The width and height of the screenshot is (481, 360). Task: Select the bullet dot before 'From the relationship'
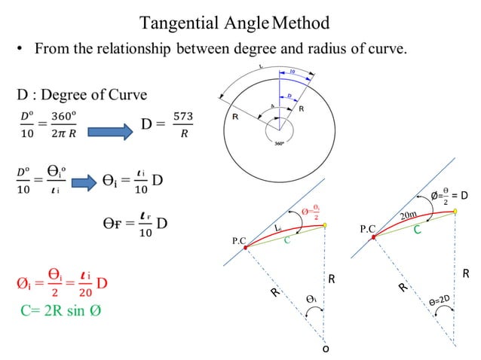pyautogui.click(x=22, y=50)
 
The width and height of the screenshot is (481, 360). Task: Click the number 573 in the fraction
pyautogui.click(x=183, y=117)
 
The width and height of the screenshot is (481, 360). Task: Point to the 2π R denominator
pyautogui.click(x=66, y=133)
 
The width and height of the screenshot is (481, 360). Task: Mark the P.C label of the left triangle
pyautogui.click(x=240, y=240)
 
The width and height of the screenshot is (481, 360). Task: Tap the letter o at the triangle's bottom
pyautogui.click(x=326, y=349)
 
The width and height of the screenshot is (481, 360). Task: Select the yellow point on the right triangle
pyautogui.click(x=456, y=212)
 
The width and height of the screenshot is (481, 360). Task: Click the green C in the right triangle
pyautogui.click(x=417, y=230)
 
